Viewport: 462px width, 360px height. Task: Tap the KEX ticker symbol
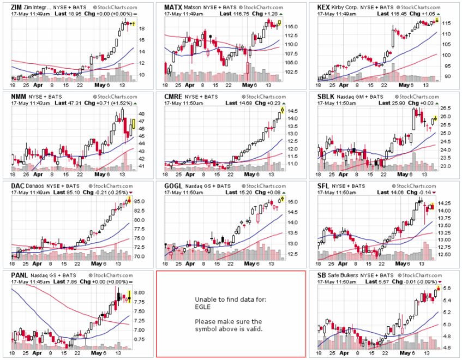(x=325, y=7)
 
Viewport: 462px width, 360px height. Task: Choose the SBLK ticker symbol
(x=327, y=97)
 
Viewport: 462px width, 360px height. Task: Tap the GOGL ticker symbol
(x=174, y=187)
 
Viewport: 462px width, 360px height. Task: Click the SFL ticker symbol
(x=324, y=187)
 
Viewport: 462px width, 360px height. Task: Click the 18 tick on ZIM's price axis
(x=142, y=28)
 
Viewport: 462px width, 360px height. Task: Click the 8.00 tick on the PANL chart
(x=140, y=293)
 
